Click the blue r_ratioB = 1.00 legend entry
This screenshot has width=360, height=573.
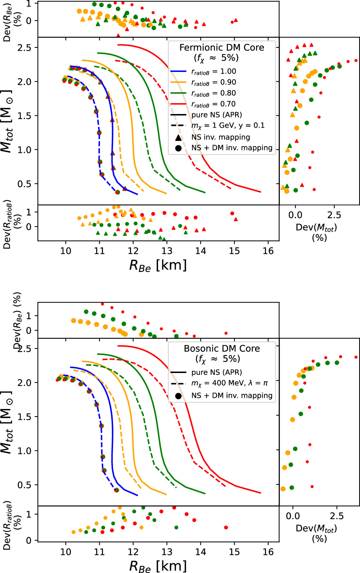[x=213, y=72]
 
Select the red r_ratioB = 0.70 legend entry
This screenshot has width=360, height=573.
[x=213, y=104]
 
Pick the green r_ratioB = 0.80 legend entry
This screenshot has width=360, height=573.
[x=213, y=93]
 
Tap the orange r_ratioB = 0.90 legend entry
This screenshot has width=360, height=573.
[x=213, y=82]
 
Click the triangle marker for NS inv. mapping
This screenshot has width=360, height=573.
[x=178, y=137]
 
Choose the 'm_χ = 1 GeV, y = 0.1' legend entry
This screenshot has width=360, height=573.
[x=228, y=126]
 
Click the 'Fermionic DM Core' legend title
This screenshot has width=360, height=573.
[x=222, y=47]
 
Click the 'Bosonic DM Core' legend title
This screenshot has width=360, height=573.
[x=222, y=349]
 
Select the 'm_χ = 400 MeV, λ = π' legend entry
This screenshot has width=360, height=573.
[x=229, y=383]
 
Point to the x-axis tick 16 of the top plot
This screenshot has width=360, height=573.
[x=268, y=251]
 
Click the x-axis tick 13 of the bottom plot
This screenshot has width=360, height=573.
[x=167, y=552]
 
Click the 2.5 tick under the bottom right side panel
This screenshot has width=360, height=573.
[x=337, y=516]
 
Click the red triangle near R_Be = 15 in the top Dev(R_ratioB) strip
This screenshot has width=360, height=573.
[x=236, y=219]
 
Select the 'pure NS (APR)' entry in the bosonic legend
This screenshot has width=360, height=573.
[x=216, y=372]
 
